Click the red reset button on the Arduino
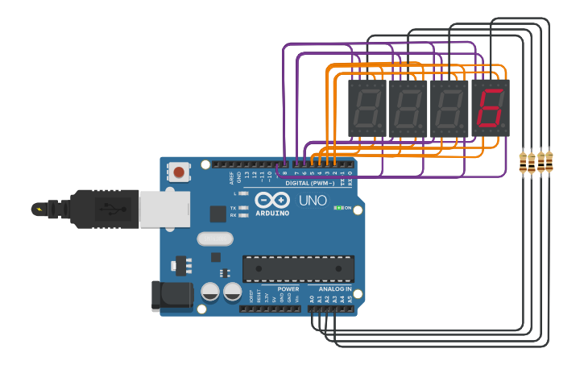[x=179, y=172]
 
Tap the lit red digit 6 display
[x=491, y=108]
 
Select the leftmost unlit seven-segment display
[x=367, y=108]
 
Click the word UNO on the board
[x=313, y=201]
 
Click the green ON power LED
[x=338, y=207]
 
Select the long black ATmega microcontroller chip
[x=298, y=268]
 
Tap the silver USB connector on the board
[x=164, y=209]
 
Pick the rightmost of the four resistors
[x=550, y=162]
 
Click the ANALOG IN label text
[x=335, y=288]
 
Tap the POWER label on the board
[x=288, y=288]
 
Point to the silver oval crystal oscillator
[x=214, y=238]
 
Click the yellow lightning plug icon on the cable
[x=38, y=209]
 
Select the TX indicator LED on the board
[x=243, y=208]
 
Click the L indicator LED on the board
[x=243, y=193]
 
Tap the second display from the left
[x=408, y=108]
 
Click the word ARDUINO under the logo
[x=271, y=213]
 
